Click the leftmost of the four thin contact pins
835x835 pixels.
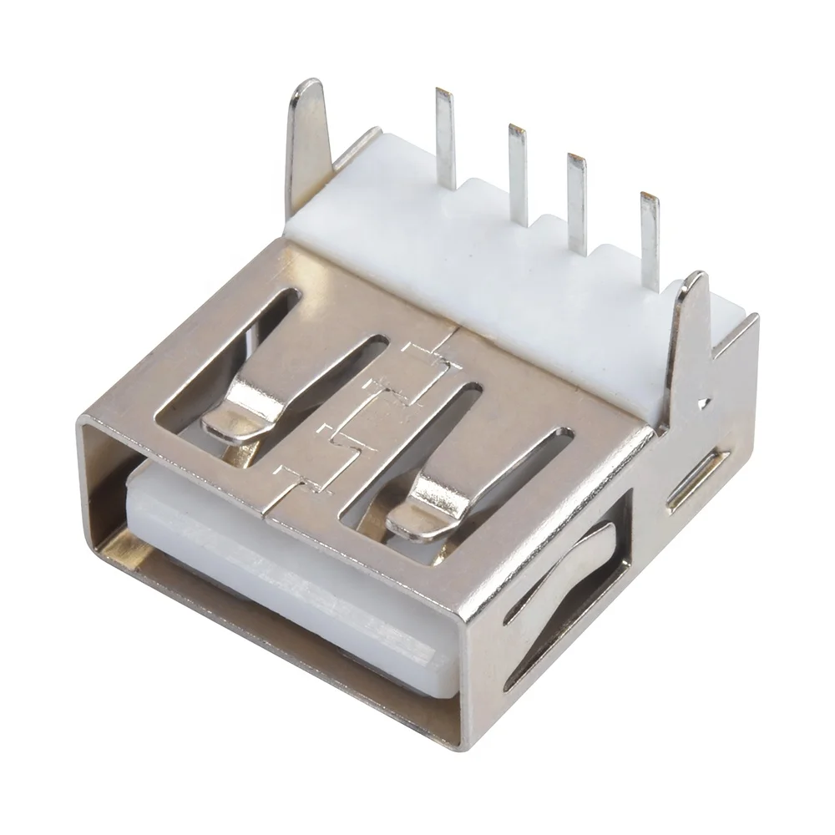(x=446, y=138)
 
